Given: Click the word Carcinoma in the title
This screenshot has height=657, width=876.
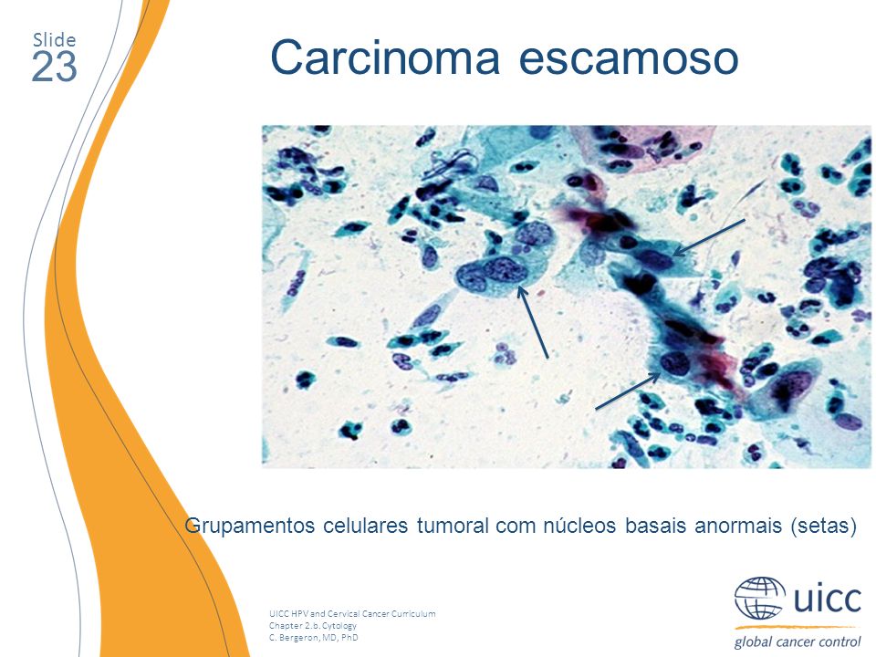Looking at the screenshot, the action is pos(385,57).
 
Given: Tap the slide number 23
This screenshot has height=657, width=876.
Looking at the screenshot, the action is pos(54,67).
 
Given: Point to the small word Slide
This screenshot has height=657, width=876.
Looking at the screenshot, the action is pos(55,39).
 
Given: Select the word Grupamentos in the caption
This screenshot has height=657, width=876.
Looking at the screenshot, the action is pos(250,526).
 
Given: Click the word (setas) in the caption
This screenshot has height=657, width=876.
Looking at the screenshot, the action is pos(823,527).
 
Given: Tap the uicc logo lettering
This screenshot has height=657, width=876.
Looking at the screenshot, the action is pos(828,598).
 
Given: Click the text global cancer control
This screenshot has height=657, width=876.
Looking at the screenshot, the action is pos(798,641).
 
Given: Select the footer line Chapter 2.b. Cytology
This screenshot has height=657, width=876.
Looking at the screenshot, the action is pos(313,625).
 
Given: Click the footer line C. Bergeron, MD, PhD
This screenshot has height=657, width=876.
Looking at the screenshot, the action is pos(313,637).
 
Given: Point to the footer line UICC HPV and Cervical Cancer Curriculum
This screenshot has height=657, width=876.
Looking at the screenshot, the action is pos(352,613).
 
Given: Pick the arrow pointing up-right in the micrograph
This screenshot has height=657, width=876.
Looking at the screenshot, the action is pos(628,391).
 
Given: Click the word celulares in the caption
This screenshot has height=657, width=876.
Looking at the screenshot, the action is pos(366,526).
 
